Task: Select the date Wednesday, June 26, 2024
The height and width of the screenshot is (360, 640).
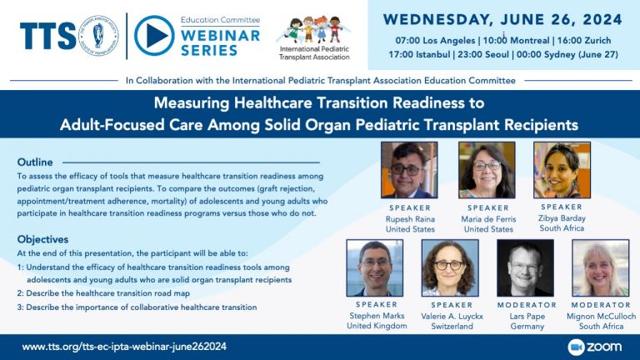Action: (503, 19)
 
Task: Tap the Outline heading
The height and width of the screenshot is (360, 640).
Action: (35, 162)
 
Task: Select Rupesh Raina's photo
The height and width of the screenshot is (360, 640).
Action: (409, 170)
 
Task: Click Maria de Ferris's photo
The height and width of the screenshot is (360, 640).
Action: (486, 170)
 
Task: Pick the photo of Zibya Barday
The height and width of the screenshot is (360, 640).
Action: (562, 170)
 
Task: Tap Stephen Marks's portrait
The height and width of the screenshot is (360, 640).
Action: (375, 267)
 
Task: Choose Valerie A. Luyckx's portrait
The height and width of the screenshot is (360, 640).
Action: (450, 267)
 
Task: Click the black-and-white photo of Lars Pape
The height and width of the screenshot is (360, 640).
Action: (525, 267)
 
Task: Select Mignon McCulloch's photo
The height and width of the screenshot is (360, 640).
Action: (600, 267)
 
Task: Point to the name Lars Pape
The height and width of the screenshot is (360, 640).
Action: (525, 316)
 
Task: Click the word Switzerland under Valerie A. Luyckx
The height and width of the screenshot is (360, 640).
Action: (450, 326)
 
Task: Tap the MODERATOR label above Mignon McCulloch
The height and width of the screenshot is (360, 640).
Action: (600, 305)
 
